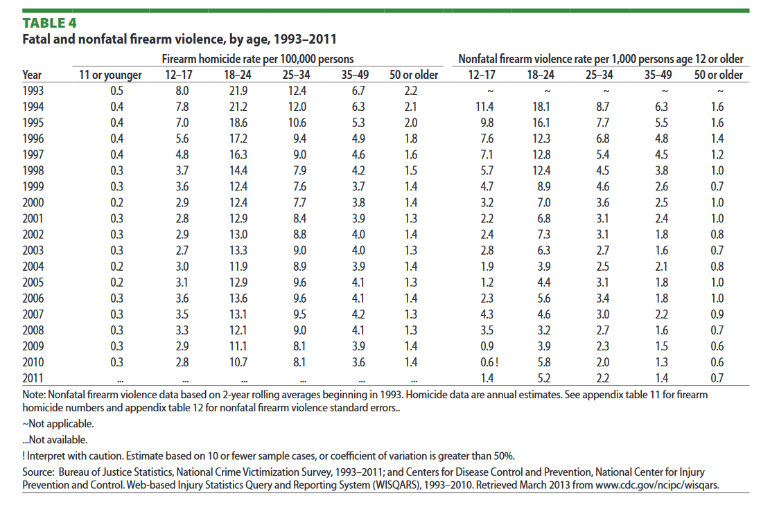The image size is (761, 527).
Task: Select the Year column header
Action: pos(32,75)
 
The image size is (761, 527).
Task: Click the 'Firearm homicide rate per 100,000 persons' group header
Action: pos(258,60)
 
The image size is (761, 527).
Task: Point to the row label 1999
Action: pos(33,186)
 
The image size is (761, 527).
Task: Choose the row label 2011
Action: pos(33,377)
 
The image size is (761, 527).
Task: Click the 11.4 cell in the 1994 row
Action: pos(487,107)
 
